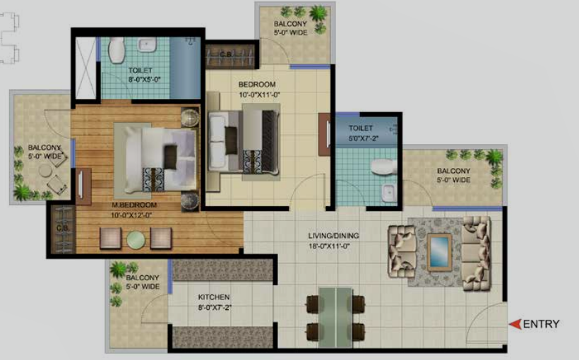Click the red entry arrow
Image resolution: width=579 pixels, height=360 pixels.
click(515, 324)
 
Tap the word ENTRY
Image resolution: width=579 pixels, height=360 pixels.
click(542, 324)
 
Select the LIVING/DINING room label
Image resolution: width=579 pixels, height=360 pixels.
click(333, 236)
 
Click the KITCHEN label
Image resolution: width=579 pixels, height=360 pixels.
click(214, 297)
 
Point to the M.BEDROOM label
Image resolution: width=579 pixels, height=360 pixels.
click(134, 205)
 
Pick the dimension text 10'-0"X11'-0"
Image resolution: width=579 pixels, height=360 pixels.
click(259, 95)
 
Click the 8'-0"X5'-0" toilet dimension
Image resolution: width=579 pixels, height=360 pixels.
click(144, 79)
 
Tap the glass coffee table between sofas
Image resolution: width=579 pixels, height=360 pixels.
click(439, 252)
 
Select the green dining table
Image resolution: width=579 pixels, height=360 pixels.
click(335, 318)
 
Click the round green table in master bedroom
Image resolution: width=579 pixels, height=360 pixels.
click(136, 239)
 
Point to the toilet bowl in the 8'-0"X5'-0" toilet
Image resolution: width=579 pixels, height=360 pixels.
click(117, 49)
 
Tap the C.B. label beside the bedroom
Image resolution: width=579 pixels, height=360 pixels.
click(226, 54)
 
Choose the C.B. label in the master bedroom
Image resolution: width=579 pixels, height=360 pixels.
click(62, 229)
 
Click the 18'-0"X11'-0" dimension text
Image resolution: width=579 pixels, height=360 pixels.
click(329, 246)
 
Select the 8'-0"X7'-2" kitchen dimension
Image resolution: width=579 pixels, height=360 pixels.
click(215, 307)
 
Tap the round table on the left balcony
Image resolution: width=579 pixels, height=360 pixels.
click(45, 171)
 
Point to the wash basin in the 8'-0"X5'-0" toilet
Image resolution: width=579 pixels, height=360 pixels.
click(148, 44)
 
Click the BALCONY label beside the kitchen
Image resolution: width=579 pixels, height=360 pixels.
click(143, 277)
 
